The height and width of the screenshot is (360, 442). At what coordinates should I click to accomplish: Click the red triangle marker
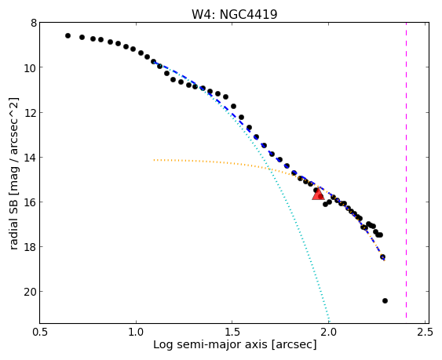[x=318, y=194]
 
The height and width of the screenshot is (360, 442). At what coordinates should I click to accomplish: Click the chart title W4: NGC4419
[x=235, y=14]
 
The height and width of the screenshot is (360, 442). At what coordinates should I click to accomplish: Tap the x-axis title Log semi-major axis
[x=235, y=344]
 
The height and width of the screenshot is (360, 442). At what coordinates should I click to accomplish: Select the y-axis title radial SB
[x=14, y=173]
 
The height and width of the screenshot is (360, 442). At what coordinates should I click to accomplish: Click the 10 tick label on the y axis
[x=30, y=68]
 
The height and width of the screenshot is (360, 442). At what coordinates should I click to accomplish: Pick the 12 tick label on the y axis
[x=30, y=113]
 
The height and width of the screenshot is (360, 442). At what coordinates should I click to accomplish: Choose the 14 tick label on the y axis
[x=30, y=158]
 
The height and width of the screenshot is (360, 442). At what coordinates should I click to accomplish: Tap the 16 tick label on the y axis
[x=30, y=202]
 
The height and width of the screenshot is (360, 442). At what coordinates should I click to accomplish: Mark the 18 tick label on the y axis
[x=30, y=247]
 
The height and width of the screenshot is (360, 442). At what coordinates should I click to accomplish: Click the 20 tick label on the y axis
[x=30, y=292]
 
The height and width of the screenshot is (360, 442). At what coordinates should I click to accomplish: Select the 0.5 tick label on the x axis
[x=40, y=332]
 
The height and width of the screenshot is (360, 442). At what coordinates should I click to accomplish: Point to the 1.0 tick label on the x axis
[x=136, y=332]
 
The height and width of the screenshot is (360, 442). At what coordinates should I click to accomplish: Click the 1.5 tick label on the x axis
[x=232, y=332]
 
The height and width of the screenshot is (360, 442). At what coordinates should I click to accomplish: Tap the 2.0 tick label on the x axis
[x=328, y=332]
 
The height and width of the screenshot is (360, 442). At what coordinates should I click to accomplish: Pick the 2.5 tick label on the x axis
[x=425, y=332]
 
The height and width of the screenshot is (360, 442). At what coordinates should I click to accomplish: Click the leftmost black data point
[x=68, y=35]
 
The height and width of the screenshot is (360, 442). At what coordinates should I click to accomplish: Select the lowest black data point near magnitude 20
[x=385, y=301]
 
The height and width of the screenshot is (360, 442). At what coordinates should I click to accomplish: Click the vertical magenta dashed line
[x=406, y=170]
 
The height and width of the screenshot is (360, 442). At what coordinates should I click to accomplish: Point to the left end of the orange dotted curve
[x=154, y=160]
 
